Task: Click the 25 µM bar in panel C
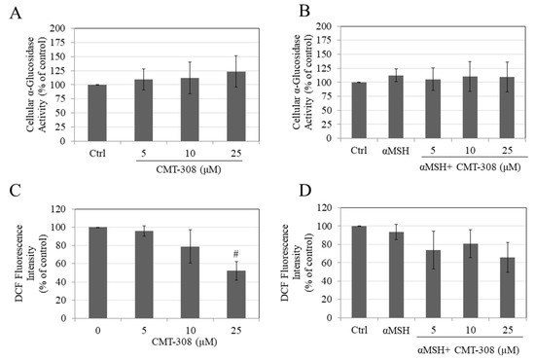point(224,302)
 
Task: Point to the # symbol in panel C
point(224,249)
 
